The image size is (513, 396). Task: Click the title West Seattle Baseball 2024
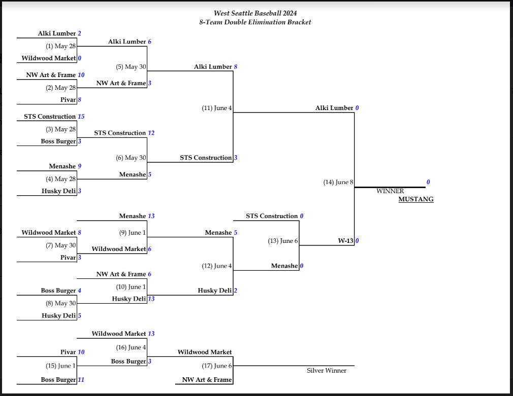pyautogui.click(x=255, y=13)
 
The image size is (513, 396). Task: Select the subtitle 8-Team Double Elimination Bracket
pyautogui.click(x=255, y=22)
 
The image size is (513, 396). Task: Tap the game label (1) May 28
pyautogui.click(x=61, y=46)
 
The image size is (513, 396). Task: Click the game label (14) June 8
pyautogui.click(x=338, y=182)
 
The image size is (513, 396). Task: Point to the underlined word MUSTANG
pyautogui.click(x=416, y=199)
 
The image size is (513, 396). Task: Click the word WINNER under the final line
pyautogui.click(x=390, y=191)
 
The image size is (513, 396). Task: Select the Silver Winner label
pyautogui.click(x=327, y=371)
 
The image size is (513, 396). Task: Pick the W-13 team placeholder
pyautogui.click(x=345, y=241)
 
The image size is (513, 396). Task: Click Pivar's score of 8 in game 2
pyautogui.click(x=80, y=100)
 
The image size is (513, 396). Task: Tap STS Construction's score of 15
pyautogui.click(x=81, y=117)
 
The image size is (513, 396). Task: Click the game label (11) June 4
pyautogui.click(x=217, y=108)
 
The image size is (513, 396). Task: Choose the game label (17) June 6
pyautogui.click(x=217, y=366)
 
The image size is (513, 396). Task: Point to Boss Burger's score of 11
pyautogui.click(x=81, y=380)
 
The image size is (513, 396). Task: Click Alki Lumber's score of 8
pyautogui.click(x=236, y=66)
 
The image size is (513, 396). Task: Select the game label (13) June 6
pyautogui.click(x=283, y=241)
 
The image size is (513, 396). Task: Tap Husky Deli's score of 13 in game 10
pyautogui.click(x=151, y=299)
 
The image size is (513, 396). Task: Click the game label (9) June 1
pyautogui.click(x=133, y=233)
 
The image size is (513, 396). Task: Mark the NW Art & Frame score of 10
pyautogui.click(x=81, y=75)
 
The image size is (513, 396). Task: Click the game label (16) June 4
pyautogui.click(x=131, y=347)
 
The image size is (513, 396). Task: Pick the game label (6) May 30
pyautogui.click(x=131, y=158)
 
